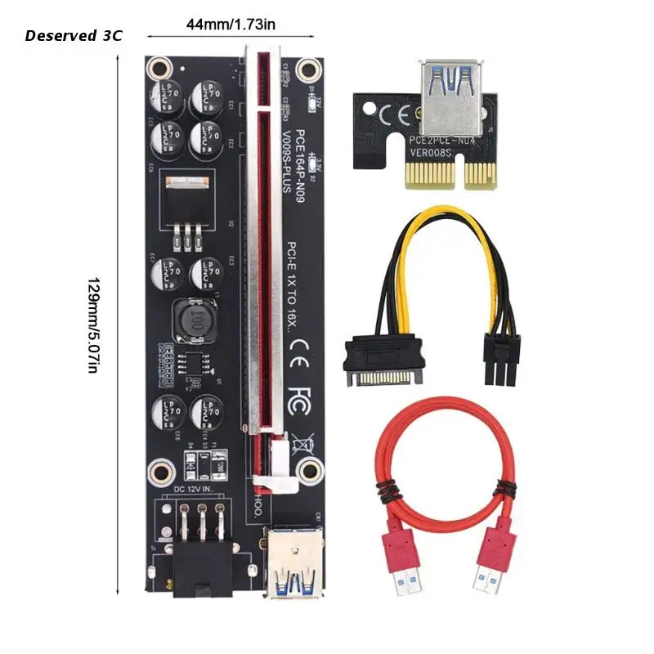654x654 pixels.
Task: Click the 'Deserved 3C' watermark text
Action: pyautogui.click(x=74, y=36)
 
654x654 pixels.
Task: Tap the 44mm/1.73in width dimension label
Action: pyautogui.click(x=231, y=25)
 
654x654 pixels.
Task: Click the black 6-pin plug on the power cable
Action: pyautogui.click(x=501, y=361)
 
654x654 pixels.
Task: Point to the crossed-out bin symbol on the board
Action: pyautogui.click(x=300, y=442)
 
